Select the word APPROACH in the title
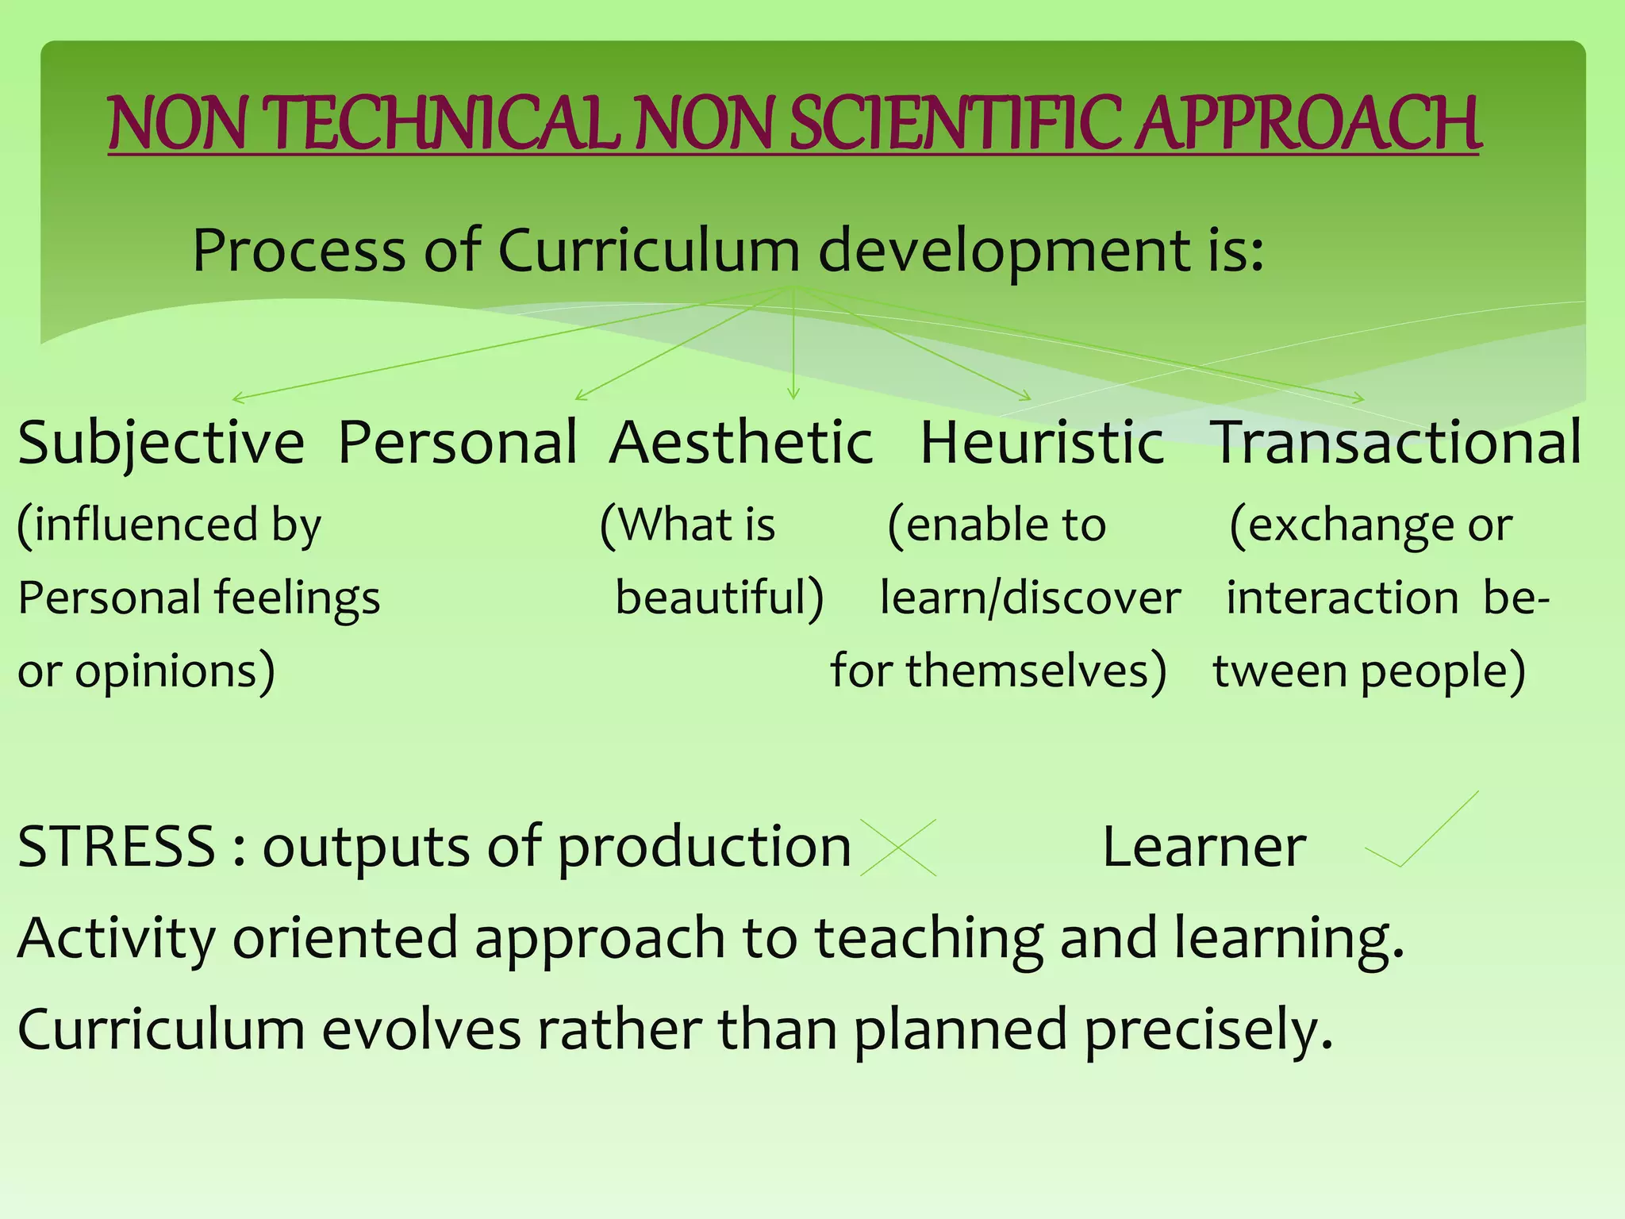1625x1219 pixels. click(x=1308, y=124)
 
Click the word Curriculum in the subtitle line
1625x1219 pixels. click(x=648, y=251)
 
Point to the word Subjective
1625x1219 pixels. click(x=161, y=443)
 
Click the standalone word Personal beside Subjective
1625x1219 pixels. click(x=458, y=443)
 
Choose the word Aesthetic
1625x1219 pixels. click(x=741, y=443)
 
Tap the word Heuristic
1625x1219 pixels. click(x=1042, y=443)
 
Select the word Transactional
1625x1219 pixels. click(x=1396, y=443)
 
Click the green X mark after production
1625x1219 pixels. click(x=898, y=848)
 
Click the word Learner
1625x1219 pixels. click(x=1204, y=848)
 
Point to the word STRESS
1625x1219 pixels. click(x=116, y=848)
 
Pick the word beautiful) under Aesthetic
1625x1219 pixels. click(x=720, y=598)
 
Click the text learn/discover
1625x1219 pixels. click(x=1030, y=598)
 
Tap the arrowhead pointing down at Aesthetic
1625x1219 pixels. click(x=793, y=394)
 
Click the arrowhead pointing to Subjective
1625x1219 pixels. click(x=236, y=398)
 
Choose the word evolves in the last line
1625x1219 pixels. click(x=421, y=1030)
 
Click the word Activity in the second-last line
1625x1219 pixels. click(x=116, y=938)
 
